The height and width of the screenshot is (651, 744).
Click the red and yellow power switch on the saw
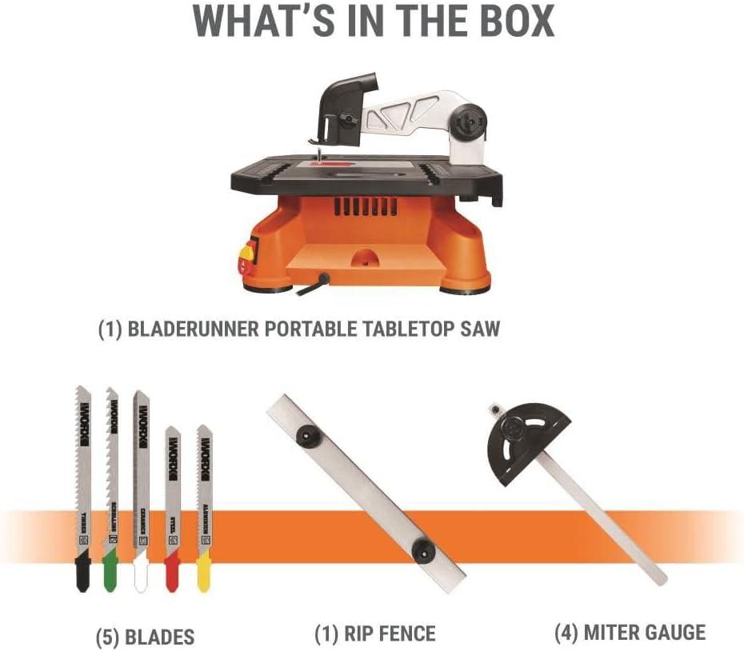[245, 256]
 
